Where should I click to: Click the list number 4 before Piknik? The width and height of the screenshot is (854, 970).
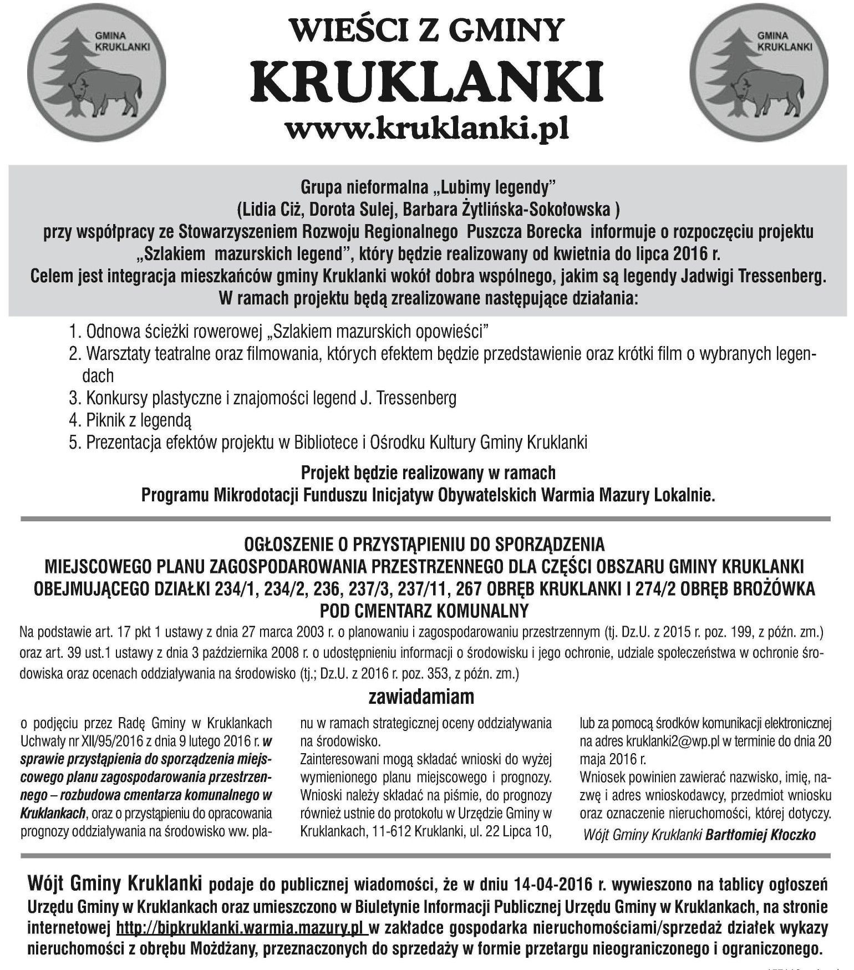tap(75, 420)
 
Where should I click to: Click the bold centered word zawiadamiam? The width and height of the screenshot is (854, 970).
tap(421, 697)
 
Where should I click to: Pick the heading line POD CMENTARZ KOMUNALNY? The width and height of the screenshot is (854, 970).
tap(425, 611)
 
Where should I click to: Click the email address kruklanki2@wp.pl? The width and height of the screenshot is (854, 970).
tap(673, 742)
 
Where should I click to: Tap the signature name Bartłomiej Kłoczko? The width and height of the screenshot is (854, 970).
tap(760, 835)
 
